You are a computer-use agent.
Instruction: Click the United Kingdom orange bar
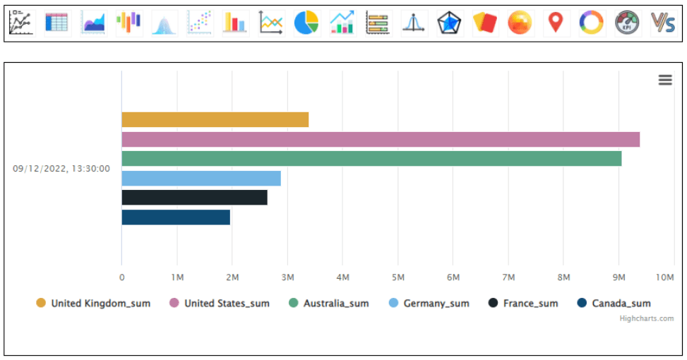tap(215, 120)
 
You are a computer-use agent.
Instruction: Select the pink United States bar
tap(381, 139)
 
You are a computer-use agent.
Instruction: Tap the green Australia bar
tap(371, 159)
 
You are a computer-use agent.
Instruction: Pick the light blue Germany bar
tap(201, 178)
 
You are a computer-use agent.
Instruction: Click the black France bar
tap(194, 198)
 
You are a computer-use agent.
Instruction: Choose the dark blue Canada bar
tap(176, 217)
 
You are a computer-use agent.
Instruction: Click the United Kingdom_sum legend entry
tap(93, 304)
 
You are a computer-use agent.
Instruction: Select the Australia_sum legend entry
tap(329, 304)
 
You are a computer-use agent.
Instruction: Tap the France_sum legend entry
tap(523, 304)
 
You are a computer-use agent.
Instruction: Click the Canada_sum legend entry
tap(614, 304)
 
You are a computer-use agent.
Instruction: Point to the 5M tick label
tap(398, 278)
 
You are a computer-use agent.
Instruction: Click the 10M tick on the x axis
tap(665, 278)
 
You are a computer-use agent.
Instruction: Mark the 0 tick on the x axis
tap(121, 278)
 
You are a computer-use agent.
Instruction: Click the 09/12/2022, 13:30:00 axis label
tap(61, 169)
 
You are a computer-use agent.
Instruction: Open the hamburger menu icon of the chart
tap(665, 80)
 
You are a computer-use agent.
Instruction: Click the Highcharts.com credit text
tap(646, 318)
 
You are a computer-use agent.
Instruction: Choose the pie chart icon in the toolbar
tap(306, 23)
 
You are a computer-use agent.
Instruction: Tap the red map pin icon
tap(556, 23)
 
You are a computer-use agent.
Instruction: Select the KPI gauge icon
tap(628, 23)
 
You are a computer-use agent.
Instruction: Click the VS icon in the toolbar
tap(663, 23)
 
